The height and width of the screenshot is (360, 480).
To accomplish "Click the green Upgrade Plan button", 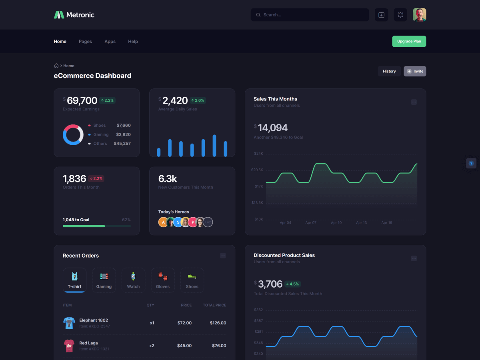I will click(x=409, y=41).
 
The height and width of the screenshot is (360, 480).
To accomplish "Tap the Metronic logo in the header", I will click(x=74, y=15).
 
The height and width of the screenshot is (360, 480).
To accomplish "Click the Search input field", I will click(x=310, y=15).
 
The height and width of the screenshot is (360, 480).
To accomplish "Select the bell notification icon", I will click(x=400, y=15).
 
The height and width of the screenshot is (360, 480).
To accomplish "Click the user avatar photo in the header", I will click(x=419, y=15).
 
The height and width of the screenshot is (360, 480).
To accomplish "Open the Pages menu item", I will click(x=85, y=42).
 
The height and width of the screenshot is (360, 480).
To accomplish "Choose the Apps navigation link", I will click(x=110, y=42).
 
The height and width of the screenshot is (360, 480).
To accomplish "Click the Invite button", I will click(x=415, y=71).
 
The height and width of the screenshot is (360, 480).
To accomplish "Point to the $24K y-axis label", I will click(x=258, y=154).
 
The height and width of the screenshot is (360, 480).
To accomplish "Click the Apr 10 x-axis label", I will click(x=336, y=223).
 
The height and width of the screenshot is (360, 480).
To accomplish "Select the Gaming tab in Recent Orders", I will click(x=104, y=280).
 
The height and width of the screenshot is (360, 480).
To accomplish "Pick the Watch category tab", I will click(x=133, y=280).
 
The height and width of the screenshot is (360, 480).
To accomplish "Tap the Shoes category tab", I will click(x=192, y=280).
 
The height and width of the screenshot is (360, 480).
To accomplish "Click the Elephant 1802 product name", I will click(x=94, y=320).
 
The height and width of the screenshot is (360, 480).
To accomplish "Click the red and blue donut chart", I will click(x=73, y=135).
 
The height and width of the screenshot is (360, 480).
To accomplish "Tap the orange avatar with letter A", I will click(x=163, y=222).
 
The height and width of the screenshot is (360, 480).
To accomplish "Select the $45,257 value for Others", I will click(x=122, y=144).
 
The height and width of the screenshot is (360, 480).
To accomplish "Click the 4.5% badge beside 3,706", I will click(x=292, y=284).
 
